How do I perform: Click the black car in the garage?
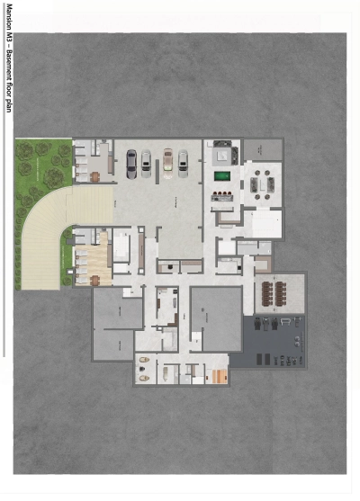coord(131,162)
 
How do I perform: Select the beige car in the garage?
coord(167,162)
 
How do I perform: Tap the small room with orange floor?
coord(217,376)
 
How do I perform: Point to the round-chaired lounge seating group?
coord(265,184)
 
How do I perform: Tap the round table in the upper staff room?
coord(95,176)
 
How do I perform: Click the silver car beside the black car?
coord(146,162)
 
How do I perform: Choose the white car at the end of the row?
coord(184,162)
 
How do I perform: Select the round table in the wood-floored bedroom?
coord(95,278)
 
